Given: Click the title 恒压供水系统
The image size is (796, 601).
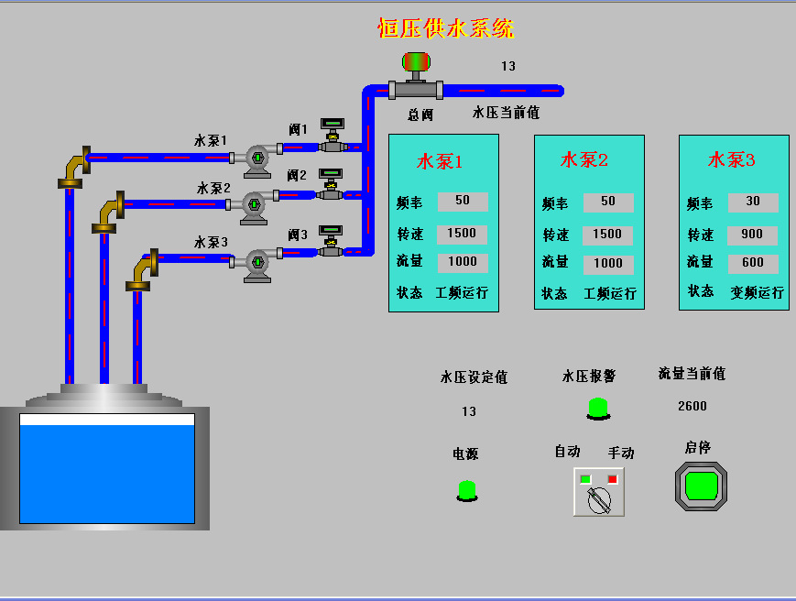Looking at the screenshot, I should tap(446, 28).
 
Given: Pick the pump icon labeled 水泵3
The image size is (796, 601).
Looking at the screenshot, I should tap(257, 263).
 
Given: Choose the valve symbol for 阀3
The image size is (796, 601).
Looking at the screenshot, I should tap(331, 242).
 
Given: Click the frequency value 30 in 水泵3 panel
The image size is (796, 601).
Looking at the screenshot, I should tap(752, 202).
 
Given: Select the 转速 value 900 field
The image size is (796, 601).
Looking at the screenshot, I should tap(752, 234).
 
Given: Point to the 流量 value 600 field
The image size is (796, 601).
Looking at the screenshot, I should tap(752, 262).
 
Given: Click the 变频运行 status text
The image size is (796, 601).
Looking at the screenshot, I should tap(757, 293).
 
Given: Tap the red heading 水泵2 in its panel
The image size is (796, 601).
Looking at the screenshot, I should tap(584, 160).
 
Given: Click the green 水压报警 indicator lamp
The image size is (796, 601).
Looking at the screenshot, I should tap(597, 408).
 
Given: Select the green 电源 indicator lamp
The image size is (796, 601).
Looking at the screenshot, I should tap(466, 490).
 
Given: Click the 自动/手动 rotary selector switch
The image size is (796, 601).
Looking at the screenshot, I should tap(599, 496).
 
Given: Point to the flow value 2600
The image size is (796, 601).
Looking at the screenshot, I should tap(692, 406).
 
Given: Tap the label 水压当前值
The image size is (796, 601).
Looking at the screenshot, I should tap(506, 113).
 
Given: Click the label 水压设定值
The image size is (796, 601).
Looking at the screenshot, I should tap(474, 377).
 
